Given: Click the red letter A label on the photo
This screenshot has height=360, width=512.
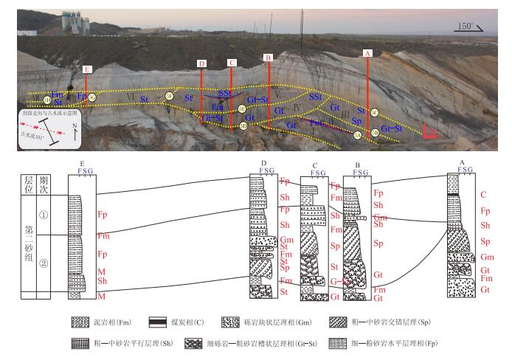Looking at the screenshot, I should coord(367,53).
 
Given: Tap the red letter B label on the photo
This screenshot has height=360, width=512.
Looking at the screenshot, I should coord(269,57).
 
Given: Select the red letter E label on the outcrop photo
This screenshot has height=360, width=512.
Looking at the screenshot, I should coord(88,70).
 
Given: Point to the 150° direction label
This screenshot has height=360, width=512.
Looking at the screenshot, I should coord(466,26).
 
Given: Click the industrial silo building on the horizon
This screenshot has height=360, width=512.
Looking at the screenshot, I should coord(77,22).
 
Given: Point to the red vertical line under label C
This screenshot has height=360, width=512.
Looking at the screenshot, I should coord(232,96).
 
